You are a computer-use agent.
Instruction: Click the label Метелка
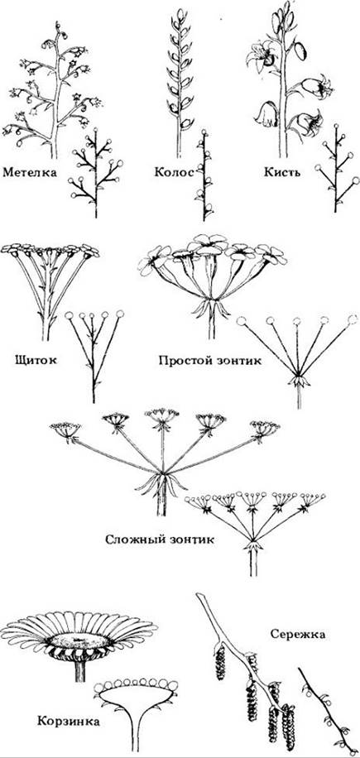point(29,172)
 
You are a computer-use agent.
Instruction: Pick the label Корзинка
point(68,722)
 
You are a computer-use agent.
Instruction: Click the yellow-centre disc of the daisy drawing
point(79,640)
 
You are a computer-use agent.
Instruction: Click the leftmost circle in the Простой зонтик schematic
point(241,321)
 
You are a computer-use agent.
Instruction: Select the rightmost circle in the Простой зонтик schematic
point(353,319)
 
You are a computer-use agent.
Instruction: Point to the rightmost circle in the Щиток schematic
point(120,314)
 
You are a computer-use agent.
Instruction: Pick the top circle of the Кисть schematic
point(335,127)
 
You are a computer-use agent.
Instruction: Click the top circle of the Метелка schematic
point(95,131)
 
